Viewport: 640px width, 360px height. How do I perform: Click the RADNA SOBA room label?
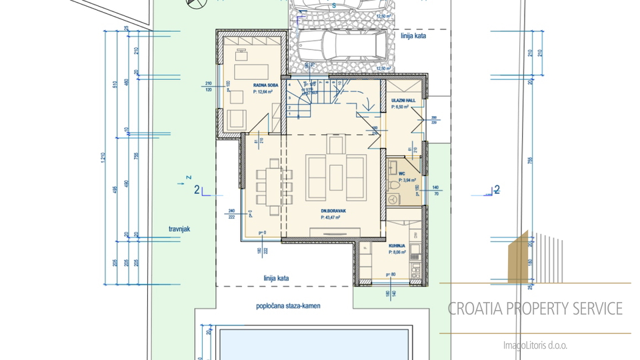coord(265,85)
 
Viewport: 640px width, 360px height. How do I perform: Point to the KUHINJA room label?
coord(399,246)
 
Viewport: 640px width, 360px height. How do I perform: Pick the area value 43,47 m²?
coord(334,217)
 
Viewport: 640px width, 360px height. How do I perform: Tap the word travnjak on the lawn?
coord(179,229)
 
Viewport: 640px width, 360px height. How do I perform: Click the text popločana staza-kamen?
coord(288,307)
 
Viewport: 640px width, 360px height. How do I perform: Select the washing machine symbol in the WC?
coord(395,199)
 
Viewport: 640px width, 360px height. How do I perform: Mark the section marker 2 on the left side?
coord(197,190)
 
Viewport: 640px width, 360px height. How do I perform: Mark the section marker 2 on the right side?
coord(497,190)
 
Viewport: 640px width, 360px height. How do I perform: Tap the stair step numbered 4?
coord(290,85)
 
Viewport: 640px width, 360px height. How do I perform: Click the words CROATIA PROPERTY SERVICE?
coord(535,309)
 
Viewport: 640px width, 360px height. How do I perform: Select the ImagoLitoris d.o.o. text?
coord(535,345)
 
